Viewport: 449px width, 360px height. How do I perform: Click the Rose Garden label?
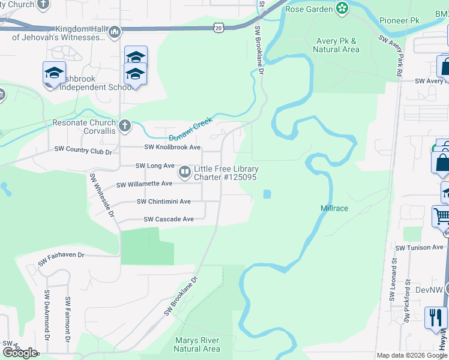(x=309, y=9)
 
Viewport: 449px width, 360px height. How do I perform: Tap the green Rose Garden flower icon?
(x=342, y=8)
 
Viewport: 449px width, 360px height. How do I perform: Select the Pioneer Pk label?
(x=399, y=20)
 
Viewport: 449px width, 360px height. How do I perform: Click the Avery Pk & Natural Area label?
(x=336, y=46)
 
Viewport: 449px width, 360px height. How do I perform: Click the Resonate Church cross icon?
(x=124, y=126)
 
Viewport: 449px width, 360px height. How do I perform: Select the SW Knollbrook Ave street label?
(x=173, y=147)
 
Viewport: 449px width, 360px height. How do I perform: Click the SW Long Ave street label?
(x=154, y=166)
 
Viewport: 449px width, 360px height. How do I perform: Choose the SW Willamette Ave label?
(x=144, y=184)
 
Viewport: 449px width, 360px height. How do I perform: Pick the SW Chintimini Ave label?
(x=163, y=202)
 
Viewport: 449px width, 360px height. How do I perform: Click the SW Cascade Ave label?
(x=168, y=219)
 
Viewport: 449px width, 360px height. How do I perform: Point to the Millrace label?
(x=334, y=208)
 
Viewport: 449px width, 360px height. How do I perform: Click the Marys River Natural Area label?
(x=197, y=344)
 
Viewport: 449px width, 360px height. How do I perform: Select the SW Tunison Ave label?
(x=418, y=247)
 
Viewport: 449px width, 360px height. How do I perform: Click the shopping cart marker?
(x=442, y=216)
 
